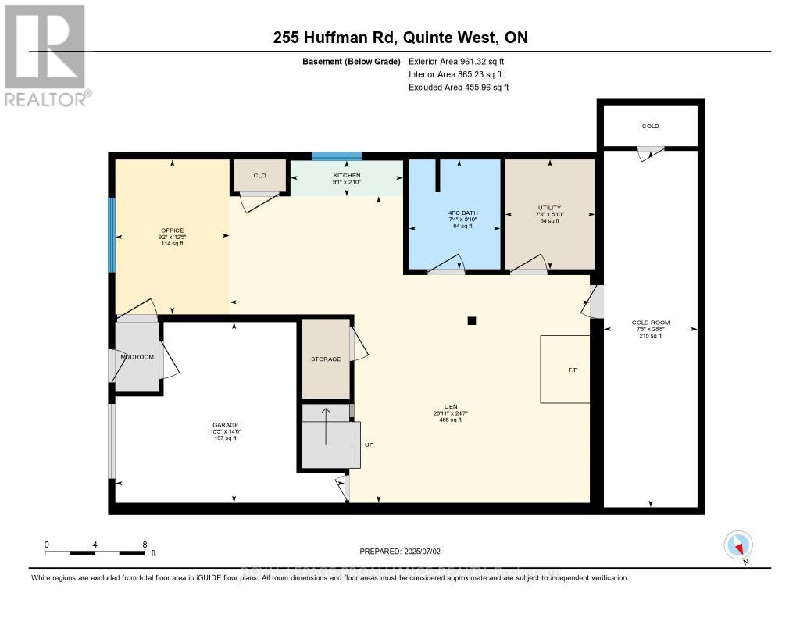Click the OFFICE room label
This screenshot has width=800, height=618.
tap(172, 230)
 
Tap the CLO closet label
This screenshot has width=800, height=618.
tap(260, 176)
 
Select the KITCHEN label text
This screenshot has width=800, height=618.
tap(347, 176)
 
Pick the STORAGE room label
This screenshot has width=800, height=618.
tap(326, 359)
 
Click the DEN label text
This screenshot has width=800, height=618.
tap(450, 406)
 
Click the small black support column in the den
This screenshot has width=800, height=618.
tap(471, 320)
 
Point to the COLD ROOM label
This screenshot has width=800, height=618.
tap(650, 323)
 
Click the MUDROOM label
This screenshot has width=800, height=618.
tap(137, 357)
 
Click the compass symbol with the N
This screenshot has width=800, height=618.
tap(737, 545)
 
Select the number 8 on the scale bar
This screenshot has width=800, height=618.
tap(144, 544)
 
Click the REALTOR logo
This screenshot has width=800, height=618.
tap(45, 55)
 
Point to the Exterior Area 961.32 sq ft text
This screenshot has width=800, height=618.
tap(462, 61)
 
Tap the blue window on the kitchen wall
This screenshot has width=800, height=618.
tap(337, 156)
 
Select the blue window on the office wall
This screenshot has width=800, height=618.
tap(112, 234)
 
